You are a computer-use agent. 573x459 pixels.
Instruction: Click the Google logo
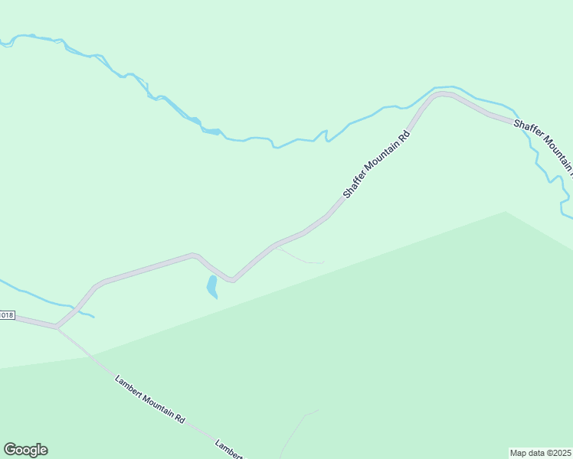pos(25,450)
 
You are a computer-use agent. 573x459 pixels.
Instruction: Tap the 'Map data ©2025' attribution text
pos(541,453)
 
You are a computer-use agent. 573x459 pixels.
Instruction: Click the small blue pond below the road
pos(212,287)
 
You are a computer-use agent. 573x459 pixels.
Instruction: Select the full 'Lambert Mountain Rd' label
pos(150,399)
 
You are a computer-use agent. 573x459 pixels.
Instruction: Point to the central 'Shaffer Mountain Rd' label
pos(377,165)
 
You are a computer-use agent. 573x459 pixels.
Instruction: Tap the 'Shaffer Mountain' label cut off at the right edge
pos(543,143)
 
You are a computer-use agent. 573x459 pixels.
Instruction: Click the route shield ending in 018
pos(7,315)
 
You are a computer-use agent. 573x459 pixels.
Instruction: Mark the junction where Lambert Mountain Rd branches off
pos(57,328)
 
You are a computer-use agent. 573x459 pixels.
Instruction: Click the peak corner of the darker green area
pos(506,212)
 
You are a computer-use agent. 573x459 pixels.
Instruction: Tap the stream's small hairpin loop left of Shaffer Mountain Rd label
pos(326,135)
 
